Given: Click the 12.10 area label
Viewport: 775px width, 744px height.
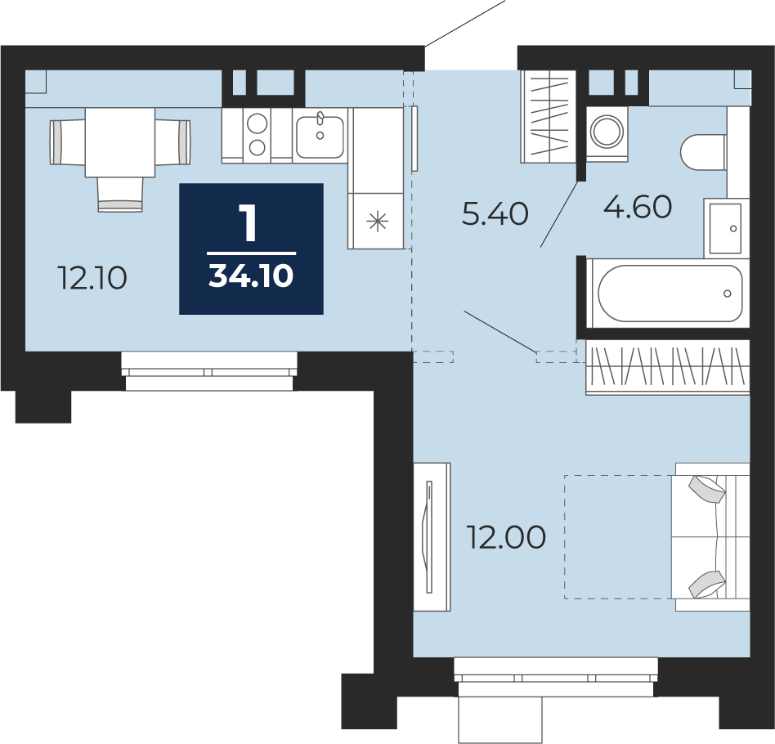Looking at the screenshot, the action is click(92, 278).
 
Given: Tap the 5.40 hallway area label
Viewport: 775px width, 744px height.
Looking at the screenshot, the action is click(495, 214).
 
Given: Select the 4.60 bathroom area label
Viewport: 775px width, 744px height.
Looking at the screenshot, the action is click(638, 207).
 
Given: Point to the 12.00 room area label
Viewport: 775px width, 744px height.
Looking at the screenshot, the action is click(507, 537).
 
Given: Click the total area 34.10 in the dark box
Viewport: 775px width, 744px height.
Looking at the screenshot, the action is click(251, 276).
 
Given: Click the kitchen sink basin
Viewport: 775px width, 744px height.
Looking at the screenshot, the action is click(320, 137).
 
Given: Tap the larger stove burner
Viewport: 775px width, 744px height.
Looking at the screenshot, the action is click(258, 123).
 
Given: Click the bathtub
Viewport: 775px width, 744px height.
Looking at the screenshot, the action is click(670, 294).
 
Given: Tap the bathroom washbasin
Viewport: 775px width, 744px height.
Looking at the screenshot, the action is click(726, 228).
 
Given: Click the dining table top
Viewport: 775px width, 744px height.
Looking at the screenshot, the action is click(120, 142).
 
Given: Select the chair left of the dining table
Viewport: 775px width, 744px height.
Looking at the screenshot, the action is click(68, 142).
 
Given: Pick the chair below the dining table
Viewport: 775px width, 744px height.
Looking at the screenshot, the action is click(120, 195).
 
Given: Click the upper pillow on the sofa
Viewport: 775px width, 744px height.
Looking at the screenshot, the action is click(707, 490).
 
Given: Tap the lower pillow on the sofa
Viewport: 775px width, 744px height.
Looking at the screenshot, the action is click(707, 585).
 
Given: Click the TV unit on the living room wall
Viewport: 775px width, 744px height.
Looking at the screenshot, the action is click(432, 537).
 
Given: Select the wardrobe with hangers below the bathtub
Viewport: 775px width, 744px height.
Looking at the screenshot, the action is click(668, 367).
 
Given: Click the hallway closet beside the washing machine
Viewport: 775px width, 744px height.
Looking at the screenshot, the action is click(548, 117).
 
